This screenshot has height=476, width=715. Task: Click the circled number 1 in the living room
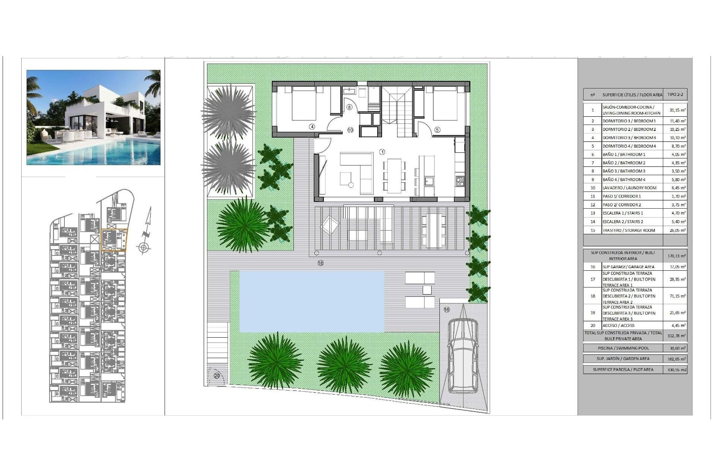pos(382,152)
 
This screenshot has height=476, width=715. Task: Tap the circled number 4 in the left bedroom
pos(312,127)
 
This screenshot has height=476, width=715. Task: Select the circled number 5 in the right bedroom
pos(437,130)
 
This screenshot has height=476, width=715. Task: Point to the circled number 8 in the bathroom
pos(349,107)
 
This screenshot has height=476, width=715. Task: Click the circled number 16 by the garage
pos(447,309)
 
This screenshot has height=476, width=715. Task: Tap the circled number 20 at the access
pos(217,376)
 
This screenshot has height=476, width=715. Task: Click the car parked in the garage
pos(463,356)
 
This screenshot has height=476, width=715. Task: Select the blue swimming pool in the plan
pos(311,301)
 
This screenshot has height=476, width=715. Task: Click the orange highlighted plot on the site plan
pos(114,240)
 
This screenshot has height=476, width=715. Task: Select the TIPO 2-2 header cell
pos(675,94)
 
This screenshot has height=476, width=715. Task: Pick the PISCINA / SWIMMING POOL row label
pos(623,348)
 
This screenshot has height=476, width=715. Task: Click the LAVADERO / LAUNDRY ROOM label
pos(629,188)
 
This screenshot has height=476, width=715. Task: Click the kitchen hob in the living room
pos(460,181)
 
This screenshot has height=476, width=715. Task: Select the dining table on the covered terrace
pos(433,231)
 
